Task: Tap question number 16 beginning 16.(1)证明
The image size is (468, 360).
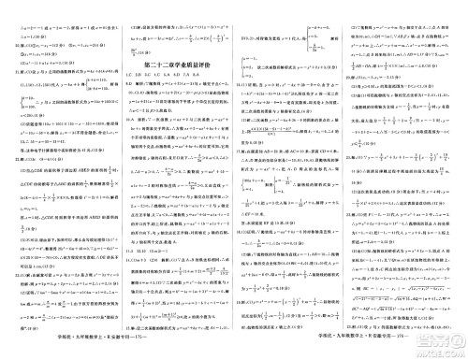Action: [x=238, y=84]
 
